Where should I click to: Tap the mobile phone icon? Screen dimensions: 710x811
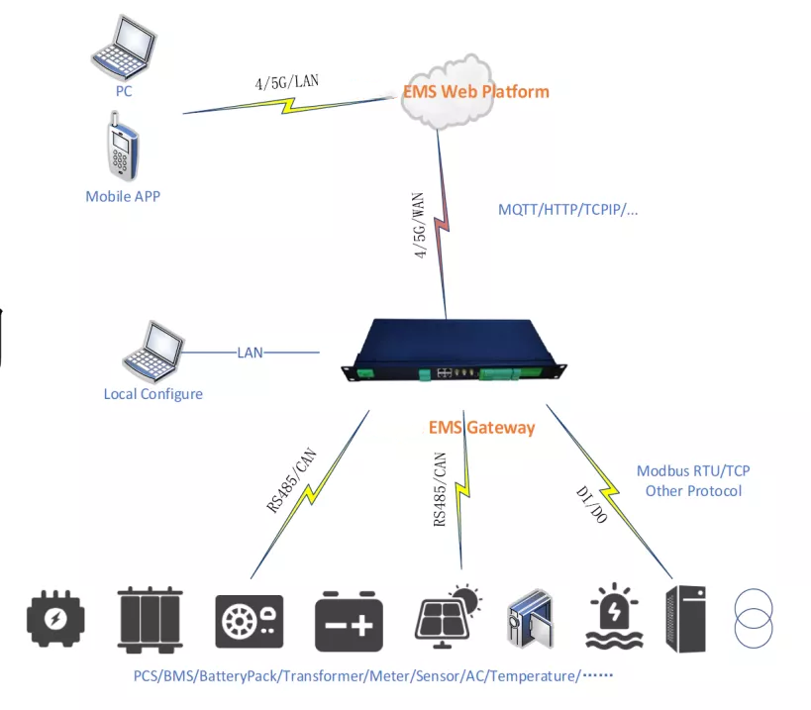(x=121, y=148)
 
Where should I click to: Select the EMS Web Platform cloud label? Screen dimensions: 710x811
(x=475, y=92)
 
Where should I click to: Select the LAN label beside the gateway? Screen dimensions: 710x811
(x=250, y=352)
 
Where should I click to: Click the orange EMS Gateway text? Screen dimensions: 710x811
(x=481, y=428)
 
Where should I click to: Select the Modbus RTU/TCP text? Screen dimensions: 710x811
(x=692, y=471)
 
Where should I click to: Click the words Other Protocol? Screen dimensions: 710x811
(x=692, y=491)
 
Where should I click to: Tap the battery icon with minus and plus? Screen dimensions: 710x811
(x=349, y=622)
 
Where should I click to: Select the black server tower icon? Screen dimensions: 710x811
(x=686, y=619)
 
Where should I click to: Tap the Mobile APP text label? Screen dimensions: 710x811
(x=123, y=196)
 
